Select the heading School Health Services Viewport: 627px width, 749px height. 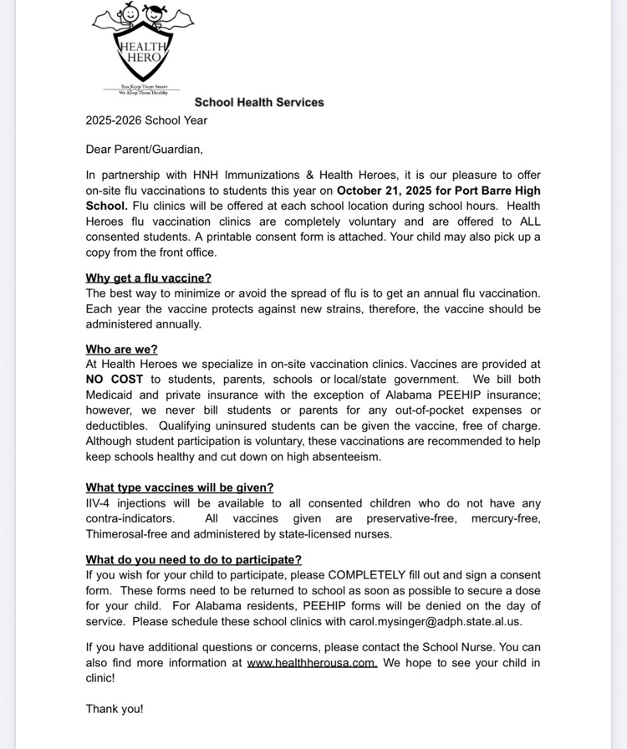pos(259,102)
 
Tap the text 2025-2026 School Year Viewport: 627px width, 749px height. pos(146,120)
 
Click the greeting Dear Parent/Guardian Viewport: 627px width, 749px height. pos(144,150)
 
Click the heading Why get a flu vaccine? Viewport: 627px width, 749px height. pos(148,278)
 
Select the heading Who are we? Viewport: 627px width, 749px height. pos(121,349)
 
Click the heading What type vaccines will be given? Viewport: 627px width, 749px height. pos(179,487)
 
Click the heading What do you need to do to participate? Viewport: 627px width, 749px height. pos(193,559)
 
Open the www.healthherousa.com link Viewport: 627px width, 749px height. pos(312,663)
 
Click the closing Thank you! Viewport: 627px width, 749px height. pos(115,708)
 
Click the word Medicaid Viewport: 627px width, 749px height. pos(109,395)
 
